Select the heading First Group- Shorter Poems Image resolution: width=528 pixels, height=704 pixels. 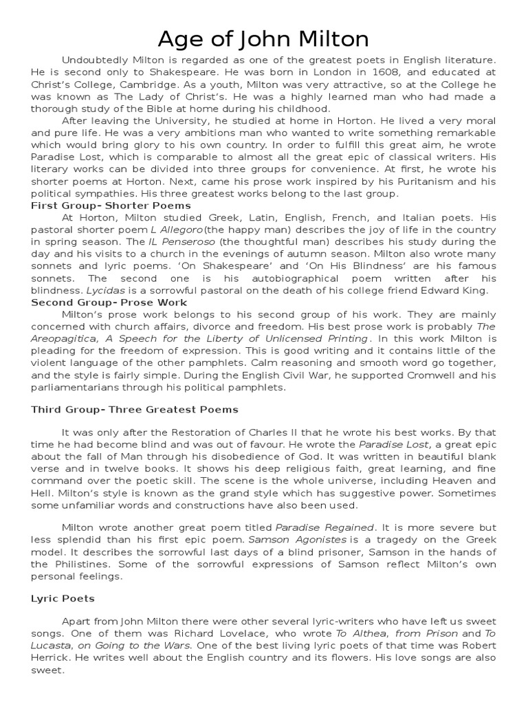click(x=111, y=206)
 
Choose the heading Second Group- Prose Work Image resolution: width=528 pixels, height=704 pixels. click(x=109, y=302)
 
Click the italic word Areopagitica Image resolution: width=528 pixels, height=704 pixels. click(x=64, y=338)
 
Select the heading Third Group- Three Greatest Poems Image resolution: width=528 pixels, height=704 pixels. click(x=135, y=409)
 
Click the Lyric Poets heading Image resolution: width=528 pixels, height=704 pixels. click(x=63, y=599)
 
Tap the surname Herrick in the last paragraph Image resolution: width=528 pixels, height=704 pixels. click(x=53, y=657)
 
